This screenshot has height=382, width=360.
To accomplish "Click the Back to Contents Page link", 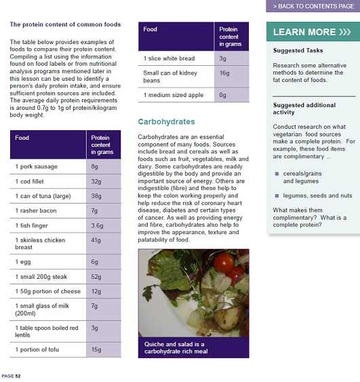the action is tap(313, 6).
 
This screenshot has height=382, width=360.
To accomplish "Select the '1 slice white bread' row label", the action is tap(169, 59).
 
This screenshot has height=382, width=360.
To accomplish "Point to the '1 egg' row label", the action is tap(23, 261).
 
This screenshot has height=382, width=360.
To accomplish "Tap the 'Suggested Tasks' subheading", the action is tap(298, 51).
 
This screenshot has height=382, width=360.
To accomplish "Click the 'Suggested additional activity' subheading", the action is tap(304, 109).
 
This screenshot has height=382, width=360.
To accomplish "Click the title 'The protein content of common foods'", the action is tap(65, 24).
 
